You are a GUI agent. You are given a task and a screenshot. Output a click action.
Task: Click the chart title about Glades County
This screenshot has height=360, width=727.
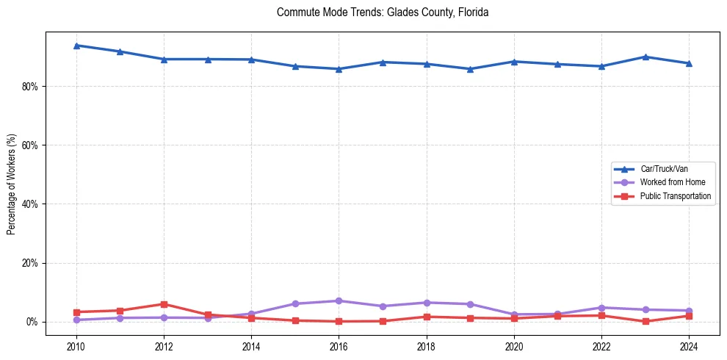tap(383, 12)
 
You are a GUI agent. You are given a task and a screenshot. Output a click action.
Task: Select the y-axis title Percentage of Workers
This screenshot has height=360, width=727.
tap(12, 184)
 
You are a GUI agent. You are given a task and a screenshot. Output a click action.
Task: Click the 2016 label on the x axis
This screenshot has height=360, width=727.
tap(339, 346)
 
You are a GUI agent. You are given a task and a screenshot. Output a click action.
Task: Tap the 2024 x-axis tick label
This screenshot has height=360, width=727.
tap(688, 346)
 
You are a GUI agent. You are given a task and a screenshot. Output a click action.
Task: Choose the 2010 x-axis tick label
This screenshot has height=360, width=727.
tap(76, 346)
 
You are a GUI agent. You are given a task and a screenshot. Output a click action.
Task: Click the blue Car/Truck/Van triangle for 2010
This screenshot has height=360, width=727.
tap(76, 46)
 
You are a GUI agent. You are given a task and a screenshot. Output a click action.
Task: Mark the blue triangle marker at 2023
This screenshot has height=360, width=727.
tap(645, 57)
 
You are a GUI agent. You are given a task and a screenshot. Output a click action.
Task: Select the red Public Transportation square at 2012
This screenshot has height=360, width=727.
tap(164, 304)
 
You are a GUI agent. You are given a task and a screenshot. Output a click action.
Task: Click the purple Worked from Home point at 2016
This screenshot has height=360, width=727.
tap(339, 300)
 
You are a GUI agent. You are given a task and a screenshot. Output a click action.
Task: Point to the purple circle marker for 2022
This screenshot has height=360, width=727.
tap(601, 308)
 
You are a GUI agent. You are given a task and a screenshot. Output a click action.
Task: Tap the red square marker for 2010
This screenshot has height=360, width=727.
tap(76, 312)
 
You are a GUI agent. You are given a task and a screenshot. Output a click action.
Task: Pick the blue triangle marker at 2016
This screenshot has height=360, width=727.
tap(339, 69)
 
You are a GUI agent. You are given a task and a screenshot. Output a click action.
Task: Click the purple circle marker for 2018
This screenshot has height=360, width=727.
tap(426, 303)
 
